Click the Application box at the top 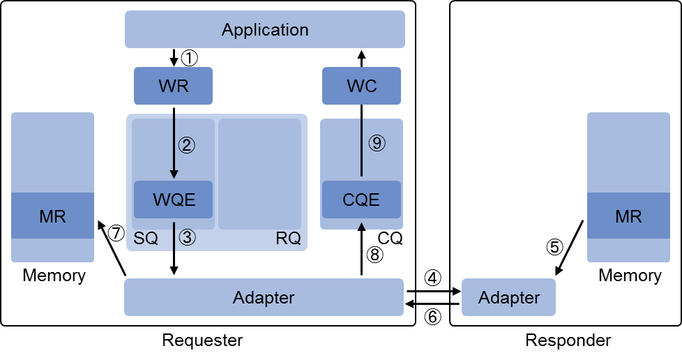(x=265, y=29)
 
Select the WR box (x=173, y=86)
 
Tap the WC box (x=361, y=86)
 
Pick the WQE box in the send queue (x=173, y=200)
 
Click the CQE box (x=361, y=200)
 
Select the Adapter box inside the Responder (x=508, y=297)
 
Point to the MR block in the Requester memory (x=52, y=216)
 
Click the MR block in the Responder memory (x=628, y=216)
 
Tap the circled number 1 (x=189, y=58)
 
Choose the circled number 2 (x=187, y=145)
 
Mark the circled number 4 (x=432, y=278)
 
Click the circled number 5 (x=554, y=247)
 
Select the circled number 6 (x=432, y=317)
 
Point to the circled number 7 (x=116, y=233)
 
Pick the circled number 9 (x=377, y=143)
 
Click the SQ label (x=146, y=238)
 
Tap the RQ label (x=289, y=238)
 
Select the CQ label (x=390, y=238)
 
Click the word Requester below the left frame (x=202, y=340)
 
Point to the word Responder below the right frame (x=568, y=340)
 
